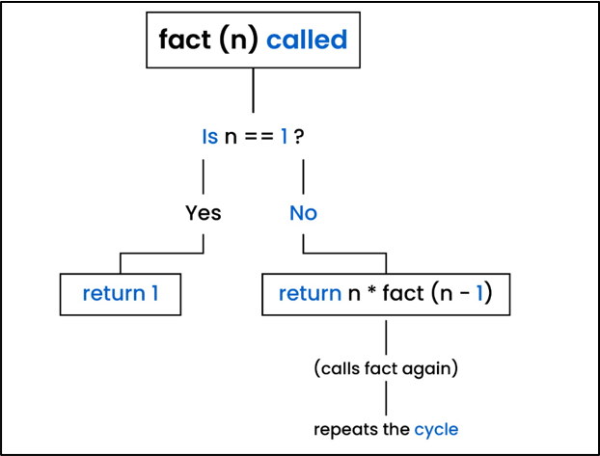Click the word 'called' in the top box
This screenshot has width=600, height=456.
pyautogui.click(x=308, y=40)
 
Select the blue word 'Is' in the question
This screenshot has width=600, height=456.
pyautogui.click(x=209, y=137)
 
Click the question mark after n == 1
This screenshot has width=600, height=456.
pyautogui.click(x=301, y=137)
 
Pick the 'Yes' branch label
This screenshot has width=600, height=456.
pyautogui.click(x=203, y=212)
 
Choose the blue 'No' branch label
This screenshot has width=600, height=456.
pyautogui.click(x=303, y=212)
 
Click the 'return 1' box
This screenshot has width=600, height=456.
pyautogui.click(x=121, y=293)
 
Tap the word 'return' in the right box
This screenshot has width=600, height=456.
pyautogui.click(x=310, y=293)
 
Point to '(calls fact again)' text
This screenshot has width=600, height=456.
pyautogui.click(x=386, y=367)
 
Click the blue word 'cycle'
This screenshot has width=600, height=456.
pyautogui.click(x=436, y=428)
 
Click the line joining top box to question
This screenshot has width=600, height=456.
pyautogui.click(x=253, y=92)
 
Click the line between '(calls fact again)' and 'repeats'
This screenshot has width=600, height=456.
pyautogui.click(x=386, y=397)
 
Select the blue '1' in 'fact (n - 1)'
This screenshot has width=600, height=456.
pyautogui.click(x=477, y=293)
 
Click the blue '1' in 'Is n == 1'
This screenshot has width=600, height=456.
pyautogui.click(x=285, y=137)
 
